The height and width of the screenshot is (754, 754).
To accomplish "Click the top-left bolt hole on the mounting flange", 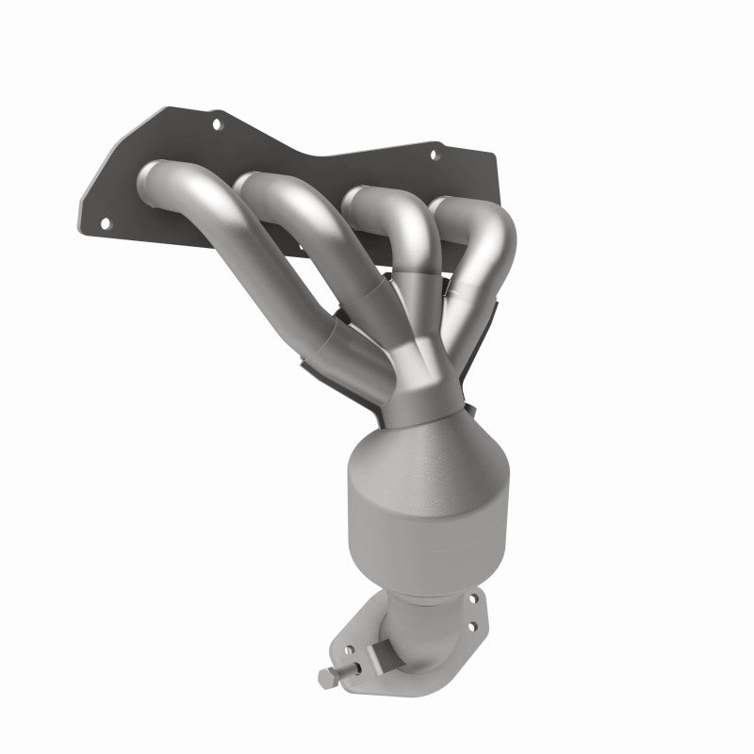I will [x=217, y=122].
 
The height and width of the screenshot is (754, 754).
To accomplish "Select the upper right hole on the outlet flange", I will [x=474, y=598].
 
